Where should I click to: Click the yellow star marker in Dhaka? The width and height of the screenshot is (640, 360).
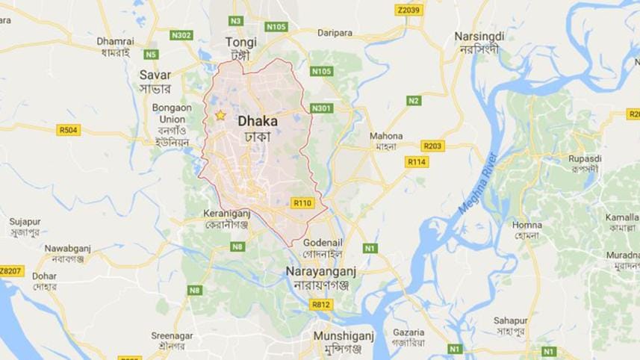(220, 115)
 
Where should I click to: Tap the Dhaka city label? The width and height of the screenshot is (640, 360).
(257, 120)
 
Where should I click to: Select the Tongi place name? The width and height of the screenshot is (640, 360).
(242, 43)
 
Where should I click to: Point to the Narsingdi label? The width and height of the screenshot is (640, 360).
(479, 37)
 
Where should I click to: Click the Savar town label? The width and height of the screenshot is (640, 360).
(155, 75)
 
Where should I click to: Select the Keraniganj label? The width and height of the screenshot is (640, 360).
(226, 213)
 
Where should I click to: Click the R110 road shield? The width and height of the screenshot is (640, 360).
(302, 202)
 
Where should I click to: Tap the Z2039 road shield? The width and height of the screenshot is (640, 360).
(409, 10)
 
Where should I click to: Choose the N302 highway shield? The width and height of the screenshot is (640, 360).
(181, 34)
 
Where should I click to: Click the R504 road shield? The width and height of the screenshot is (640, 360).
(69, 130)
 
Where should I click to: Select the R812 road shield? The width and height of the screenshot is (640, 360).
(320, 304)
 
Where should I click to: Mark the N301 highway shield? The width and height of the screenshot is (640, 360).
(321, 108)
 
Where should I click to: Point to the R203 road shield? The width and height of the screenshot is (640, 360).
(432, 146)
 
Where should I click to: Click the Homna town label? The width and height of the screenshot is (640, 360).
(526, 225)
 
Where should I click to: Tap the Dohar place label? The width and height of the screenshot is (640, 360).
(44, 276)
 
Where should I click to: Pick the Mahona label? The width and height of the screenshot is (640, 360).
(386, 136)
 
